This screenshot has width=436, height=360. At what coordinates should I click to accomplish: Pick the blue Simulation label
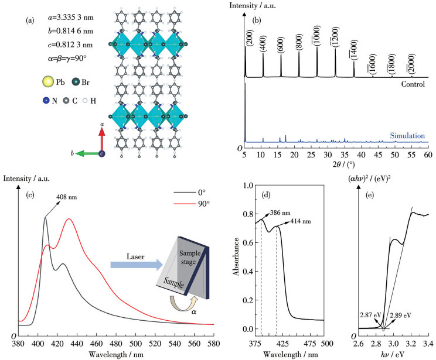pos(407,136)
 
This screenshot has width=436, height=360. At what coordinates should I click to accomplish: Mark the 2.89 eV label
pos(401,315)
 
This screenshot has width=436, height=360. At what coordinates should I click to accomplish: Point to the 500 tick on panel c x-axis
pos(136,345)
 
